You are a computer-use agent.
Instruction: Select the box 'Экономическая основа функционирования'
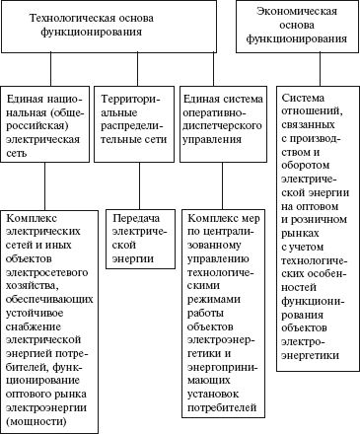(299, 30)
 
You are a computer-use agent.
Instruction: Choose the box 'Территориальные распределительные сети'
(136, 121)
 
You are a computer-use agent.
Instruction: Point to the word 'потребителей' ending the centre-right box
(222, 408)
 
